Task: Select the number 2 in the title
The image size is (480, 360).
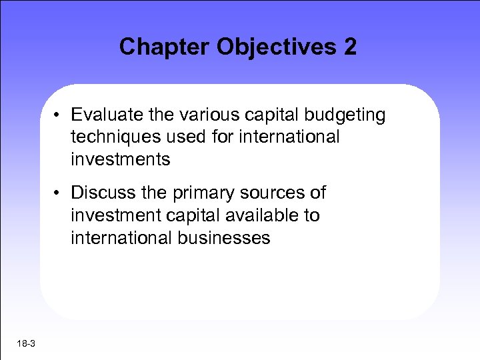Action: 350,47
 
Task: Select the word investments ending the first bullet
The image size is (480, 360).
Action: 121,159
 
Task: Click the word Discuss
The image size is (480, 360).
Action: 100,193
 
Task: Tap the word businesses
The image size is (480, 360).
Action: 223,238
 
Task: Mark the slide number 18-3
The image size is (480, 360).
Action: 27,343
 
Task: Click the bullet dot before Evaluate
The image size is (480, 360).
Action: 59,115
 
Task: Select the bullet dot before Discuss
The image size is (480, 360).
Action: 59,193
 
